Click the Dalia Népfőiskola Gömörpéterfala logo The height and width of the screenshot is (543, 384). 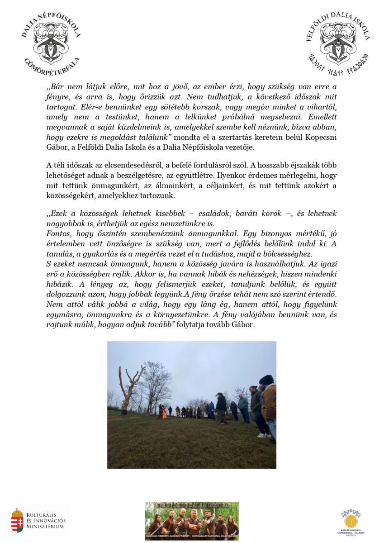(x=51, y=43)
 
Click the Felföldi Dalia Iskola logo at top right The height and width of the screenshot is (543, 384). (x=338, y=43)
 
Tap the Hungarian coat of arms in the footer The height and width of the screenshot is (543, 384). (x=17, y=520)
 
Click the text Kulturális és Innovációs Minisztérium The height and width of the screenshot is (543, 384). (x=46, y=520)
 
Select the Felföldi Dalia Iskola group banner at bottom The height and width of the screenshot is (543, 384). (x=192, y=521)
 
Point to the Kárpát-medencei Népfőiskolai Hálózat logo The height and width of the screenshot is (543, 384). (x=351, y=521)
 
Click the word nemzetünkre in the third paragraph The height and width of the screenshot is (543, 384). (x=198, y=224)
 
